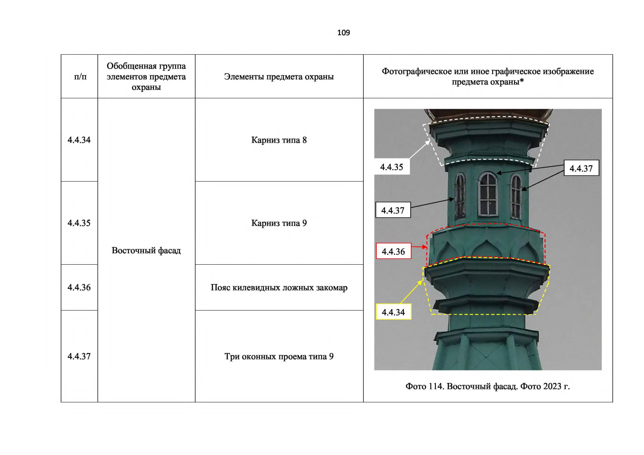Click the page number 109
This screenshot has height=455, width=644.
click(x=343, y=33)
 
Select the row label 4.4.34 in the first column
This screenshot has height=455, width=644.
click(x=79, y=140)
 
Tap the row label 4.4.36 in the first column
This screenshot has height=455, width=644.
click(x=79, y=287)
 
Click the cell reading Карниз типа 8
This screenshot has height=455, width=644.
click(x=279, y=140)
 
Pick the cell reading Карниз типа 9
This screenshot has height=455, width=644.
click(x=279, y=223)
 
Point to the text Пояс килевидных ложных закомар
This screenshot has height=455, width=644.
click(x=279, y=287)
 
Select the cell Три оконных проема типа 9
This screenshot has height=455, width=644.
click(x=279, y=356)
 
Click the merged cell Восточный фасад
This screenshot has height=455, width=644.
click(x=146, y=251)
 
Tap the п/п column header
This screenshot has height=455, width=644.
click(x=80, y=77)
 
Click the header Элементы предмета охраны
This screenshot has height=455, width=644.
click(x=279, y=77)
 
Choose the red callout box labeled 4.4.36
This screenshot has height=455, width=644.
click(x=394, y=251)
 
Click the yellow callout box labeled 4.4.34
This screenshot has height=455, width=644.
click(x=394, y=312)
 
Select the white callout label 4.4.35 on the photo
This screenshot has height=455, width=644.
click(x=392, y=166)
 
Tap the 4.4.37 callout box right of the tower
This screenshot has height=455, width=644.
click(x=581, y=168)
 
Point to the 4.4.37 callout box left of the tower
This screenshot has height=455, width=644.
click(x=393, y=210)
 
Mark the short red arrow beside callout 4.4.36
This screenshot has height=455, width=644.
click(x=419, y=247)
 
